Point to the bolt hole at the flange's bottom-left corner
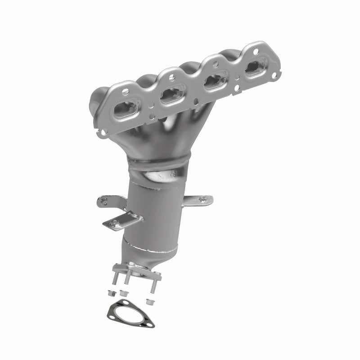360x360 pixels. coord(104,132)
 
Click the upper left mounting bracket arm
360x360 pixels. coord(108,199)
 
